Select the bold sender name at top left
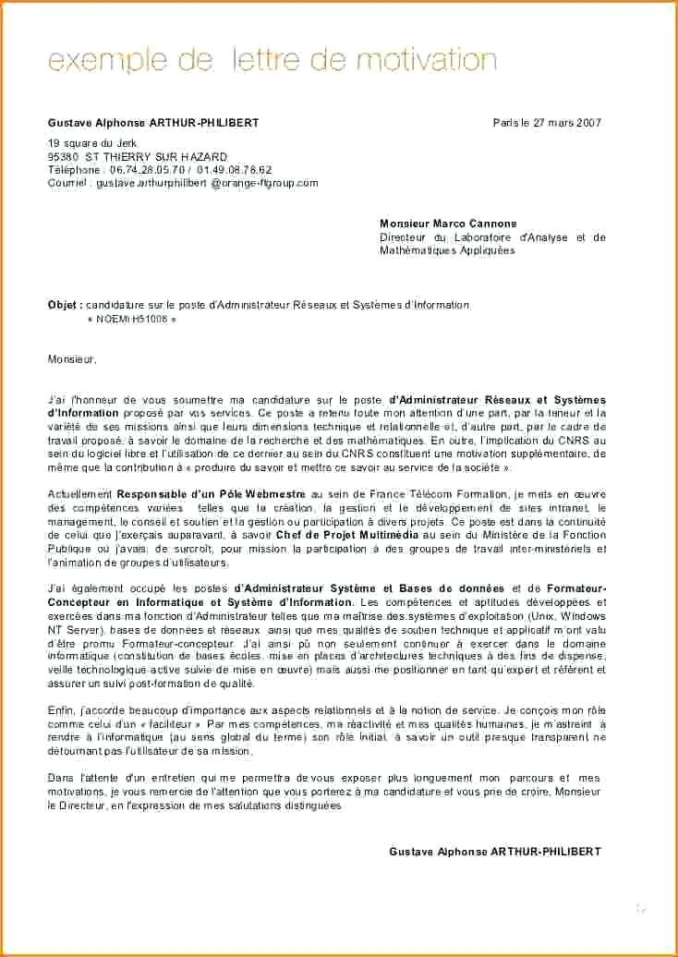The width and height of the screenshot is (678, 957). [153, 123]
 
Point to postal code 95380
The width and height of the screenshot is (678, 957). [64, 157]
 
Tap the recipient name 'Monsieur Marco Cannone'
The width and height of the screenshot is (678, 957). [448, 224]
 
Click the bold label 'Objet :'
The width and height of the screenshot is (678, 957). [65, 305]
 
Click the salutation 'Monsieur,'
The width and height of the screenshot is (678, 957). [72, 358]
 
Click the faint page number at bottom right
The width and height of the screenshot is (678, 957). [640, 909]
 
